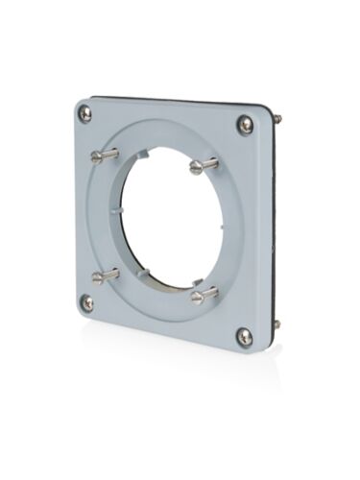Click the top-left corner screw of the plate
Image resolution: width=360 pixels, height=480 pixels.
[85, 114]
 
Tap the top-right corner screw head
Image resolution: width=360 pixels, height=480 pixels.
[246, 124]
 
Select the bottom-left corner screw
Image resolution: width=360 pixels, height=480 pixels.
[87, 302]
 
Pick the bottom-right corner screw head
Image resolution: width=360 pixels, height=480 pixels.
[245, 336]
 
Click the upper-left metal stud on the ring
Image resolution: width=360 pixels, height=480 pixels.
[104, 155]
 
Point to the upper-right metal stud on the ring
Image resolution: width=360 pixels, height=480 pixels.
[203, 167]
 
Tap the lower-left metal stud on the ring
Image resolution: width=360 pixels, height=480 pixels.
[105, 276]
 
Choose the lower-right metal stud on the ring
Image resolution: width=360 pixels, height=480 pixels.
[204, 296]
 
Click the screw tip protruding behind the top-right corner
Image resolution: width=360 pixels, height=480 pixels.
[278, 119]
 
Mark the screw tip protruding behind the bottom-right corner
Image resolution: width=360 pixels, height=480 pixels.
[277, 324]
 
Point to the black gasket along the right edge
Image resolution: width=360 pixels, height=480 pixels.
[275, 221]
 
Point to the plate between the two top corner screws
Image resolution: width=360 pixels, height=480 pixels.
[163, 110]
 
